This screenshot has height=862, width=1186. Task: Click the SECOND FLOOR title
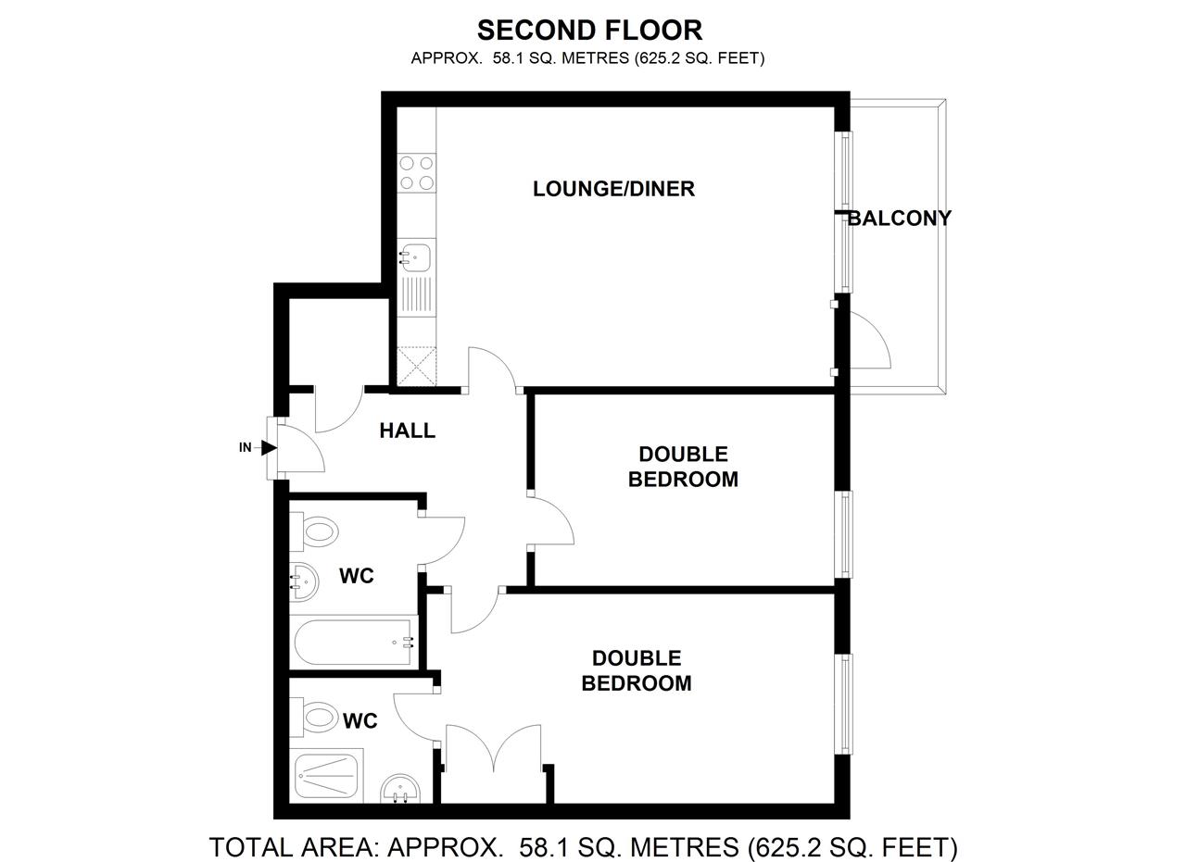point(589,31)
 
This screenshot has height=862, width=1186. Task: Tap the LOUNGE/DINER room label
point(613,189)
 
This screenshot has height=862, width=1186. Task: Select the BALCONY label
point(899,219)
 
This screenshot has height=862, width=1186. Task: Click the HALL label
point(407,431)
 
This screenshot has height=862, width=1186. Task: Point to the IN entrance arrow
point(267,448)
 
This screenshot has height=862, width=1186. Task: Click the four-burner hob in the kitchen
point(416,173)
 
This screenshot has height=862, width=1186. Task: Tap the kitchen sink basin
point(416,254)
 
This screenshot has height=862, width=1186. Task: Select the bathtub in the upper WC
point(352,642)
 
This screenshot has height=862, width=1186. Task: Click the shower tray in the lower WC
point(326,776)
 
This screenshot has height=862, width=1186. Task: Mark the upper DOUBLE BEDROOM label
point(683,467)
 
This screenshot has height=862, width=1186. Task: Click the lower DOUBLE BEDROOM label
point(637,670)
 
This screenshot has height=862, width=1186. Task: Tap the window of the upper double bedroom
point(845,534)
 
